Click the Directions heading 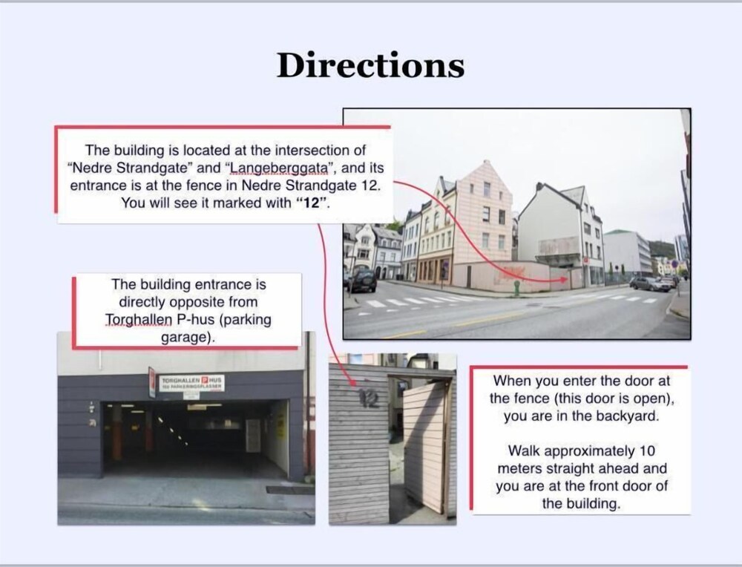point(370,65)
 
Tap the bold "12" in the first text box point(310,203)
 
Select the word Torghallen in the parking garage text point(139,320)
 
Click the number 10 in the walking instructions point(647,451)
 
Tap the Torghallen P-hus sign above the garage point(191,382)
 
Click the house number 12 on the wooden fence point(368,399)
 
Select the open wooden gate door point(425,447)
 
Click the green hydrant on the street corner point(516,288)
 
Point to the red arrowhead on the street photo point(563,280)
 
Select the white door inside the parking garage point(253,436)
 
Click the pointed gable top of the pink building point(485,162)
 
